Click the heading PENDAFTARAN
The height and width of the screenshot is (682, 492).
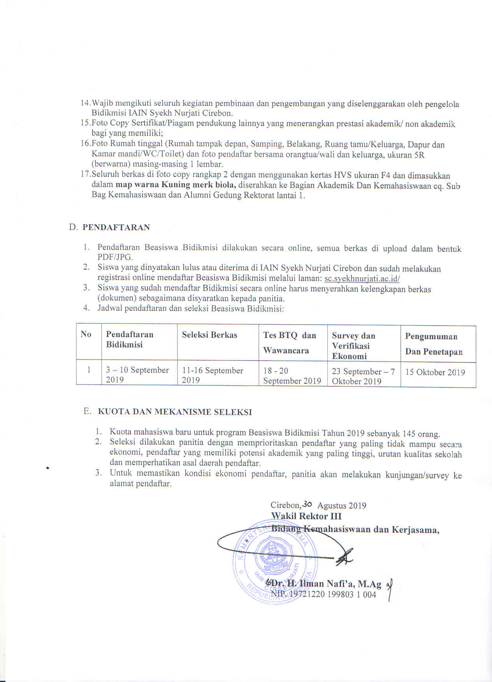116,228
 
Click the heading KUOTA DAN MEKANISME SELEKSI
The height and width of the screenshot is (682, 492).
175,412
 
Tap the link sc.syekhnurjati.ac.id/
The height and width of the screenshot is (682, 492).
362,279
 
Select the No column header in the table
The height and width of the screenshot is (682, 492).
86,334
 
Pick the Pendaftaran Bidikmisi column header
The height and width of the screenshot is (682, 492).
130,339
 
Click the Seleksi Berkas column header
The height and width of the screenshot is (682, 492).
209,335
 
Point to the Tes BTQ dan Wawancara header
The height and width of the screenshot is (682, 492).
290,343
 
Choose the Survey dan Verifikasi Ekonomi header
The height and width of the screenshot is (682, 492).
353,346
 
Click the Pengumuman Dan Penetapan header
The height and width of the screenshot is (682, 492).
434,344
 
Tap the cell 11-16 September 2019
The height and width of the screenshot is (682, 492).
213,375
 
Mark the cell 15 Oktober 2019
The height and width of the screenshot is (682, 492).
435,372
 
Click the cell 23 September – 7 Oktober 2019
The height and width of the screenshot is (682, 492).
363,376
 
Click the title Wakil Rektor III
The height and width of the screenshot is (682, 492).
306,516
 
